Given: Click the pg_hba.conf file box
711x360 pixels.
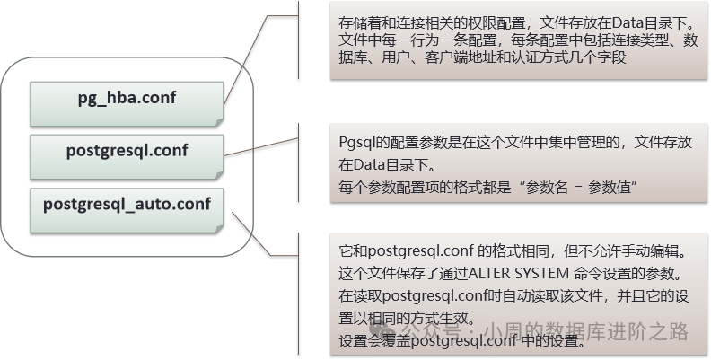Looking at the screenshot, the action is [x=127, y=101].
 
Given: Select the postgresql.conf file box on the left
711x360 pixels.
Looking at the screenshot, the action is [x=127, y=152].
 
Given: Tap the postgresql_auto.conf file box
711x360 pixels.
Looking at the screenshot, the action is [x=127, y=205].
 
